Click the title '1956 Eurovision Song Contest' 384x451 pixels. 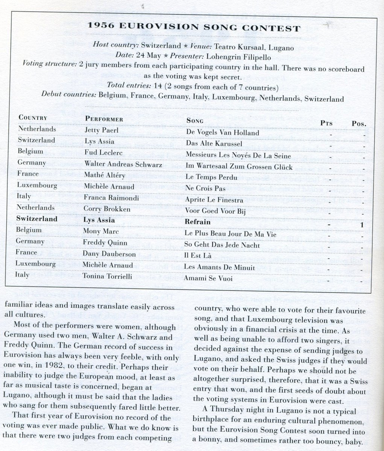(x=193, y=29)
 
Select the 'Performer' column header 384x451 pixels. (x=104, y=120)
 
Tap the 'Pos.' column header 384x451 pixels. (x=359, y=123)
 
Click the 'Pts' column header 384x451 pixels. (x=326, y=123)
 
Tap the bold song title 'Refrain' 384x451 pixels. (x=198, y=222)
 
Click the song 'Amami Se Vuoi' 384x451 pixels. (x=208, y=278)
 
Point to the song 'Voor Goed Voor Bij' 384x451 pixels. (x=215, y=211)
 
